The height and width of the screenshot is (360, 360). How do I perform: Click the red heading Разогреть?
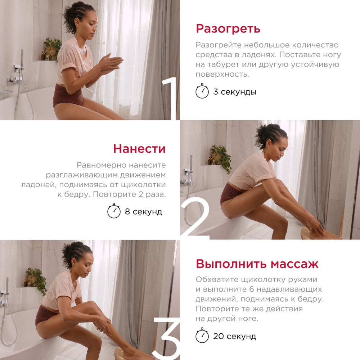(x=228, y=28)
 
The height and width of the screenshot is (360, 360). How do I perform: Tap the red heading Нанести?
(x=139, y=148)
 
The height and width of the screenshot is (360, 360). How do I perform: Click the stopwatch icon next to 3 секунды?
(x=202, y=91)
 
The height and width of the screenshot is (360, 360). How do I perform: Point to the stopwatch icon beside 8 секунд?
(x=114, y=211)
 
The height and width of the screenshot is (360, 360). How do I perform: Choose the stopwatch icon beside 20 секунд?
(x=202, y=336)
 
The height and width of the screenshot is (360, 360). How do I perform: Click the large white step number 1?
(x=170, y=98)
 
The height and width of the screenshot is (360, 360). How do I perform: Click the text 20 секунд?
(x=235, y=336)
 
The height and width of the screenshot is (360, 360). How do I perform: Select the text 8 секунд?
(x=143, y=212)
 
